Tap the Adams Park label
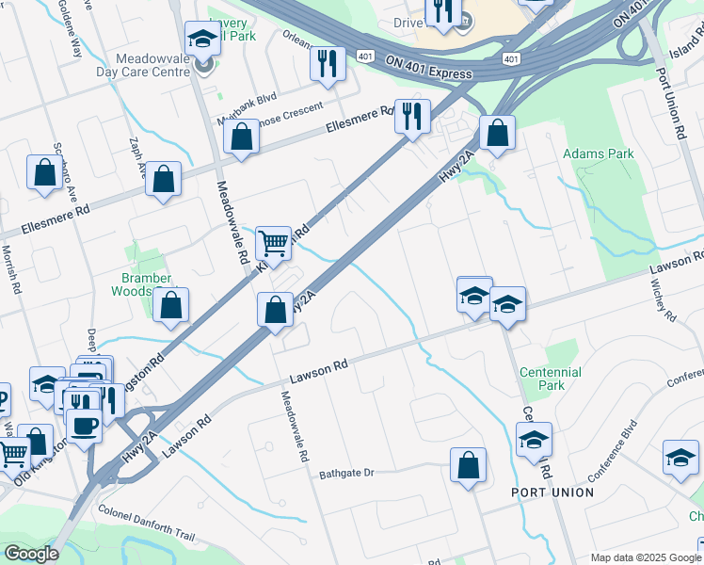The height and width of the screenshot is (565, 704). pos(598,153)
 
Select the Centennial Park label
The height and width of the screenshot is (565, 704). pos(551,379)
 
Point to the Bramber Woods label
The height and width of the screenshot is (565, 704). pos(146,284)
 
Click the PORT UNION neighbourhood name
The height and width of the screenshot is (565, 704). pos(552,492)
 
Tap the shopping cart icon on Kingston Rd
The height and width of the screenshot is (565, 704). pos(273,242)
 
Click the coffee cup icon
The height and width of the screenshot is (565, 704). pos(84,426)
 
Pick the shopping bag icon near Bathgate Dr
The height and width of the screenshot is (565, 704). pos(468,465)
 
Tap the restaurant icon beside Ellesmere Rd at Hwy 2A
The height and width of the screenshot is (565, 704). pos(411,116)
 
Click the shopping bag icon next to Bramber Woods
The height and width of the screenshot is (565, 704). pos(170,305)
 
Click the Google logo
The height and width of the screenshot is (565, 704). pos(30,554)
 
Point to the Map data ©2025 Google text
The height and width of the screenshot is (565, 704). pos(644,557)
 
